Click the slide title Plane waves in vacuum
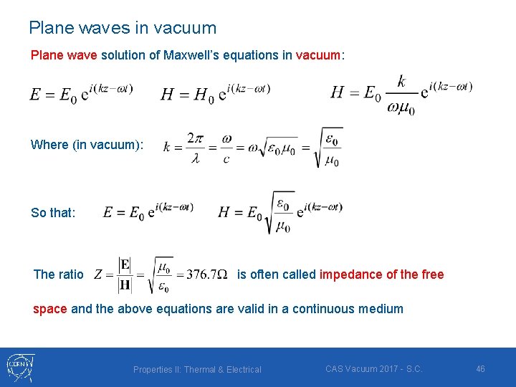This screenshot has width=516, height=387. tap(123, 28)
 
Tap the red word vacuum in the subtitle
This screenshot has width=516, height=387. tap(319, 55)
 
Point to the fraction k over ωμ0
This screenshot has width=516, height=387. tap(401, 95)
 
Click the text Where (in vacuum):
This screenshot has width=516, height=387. tap(87, 145)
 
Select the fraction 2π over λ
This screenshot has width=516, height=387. tap(195, 148)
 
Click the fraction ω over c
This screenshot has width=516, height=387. tap(226, 148)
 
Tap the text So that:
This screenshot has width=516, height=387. tap(52, 213)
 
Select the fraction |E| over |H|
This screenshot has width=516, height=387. tap(125, 275)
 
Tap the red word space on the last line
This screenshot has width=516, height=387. tap(49, 309)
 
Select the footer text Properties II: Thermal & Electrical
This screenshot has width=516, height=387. tap(197, 370)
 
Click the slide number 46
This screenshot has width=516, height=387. tap(480, 368)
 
